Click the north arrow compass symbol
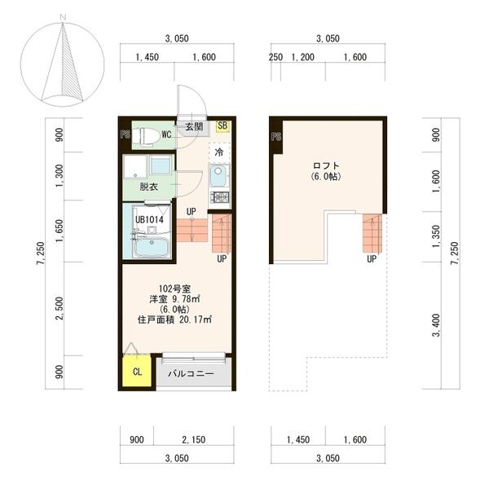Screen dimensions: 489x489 (x=64, y=63)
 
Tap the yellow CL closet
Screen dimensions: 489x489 (x=136, y=372)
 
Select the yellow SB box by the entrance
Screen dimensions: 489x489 (x=223, y=126)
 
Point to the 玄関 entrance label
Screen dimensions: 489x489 (x=193, y=127)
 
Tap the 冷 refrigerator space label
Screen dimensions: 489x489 (x=218, y=152)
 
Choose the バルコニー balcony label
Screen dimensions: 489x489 (x=191, y=374)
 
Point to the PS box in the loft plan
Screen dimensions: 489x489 (x=275, y=136)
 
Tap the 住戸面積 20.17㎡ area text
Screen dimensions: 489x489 (x=174, y=319)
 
